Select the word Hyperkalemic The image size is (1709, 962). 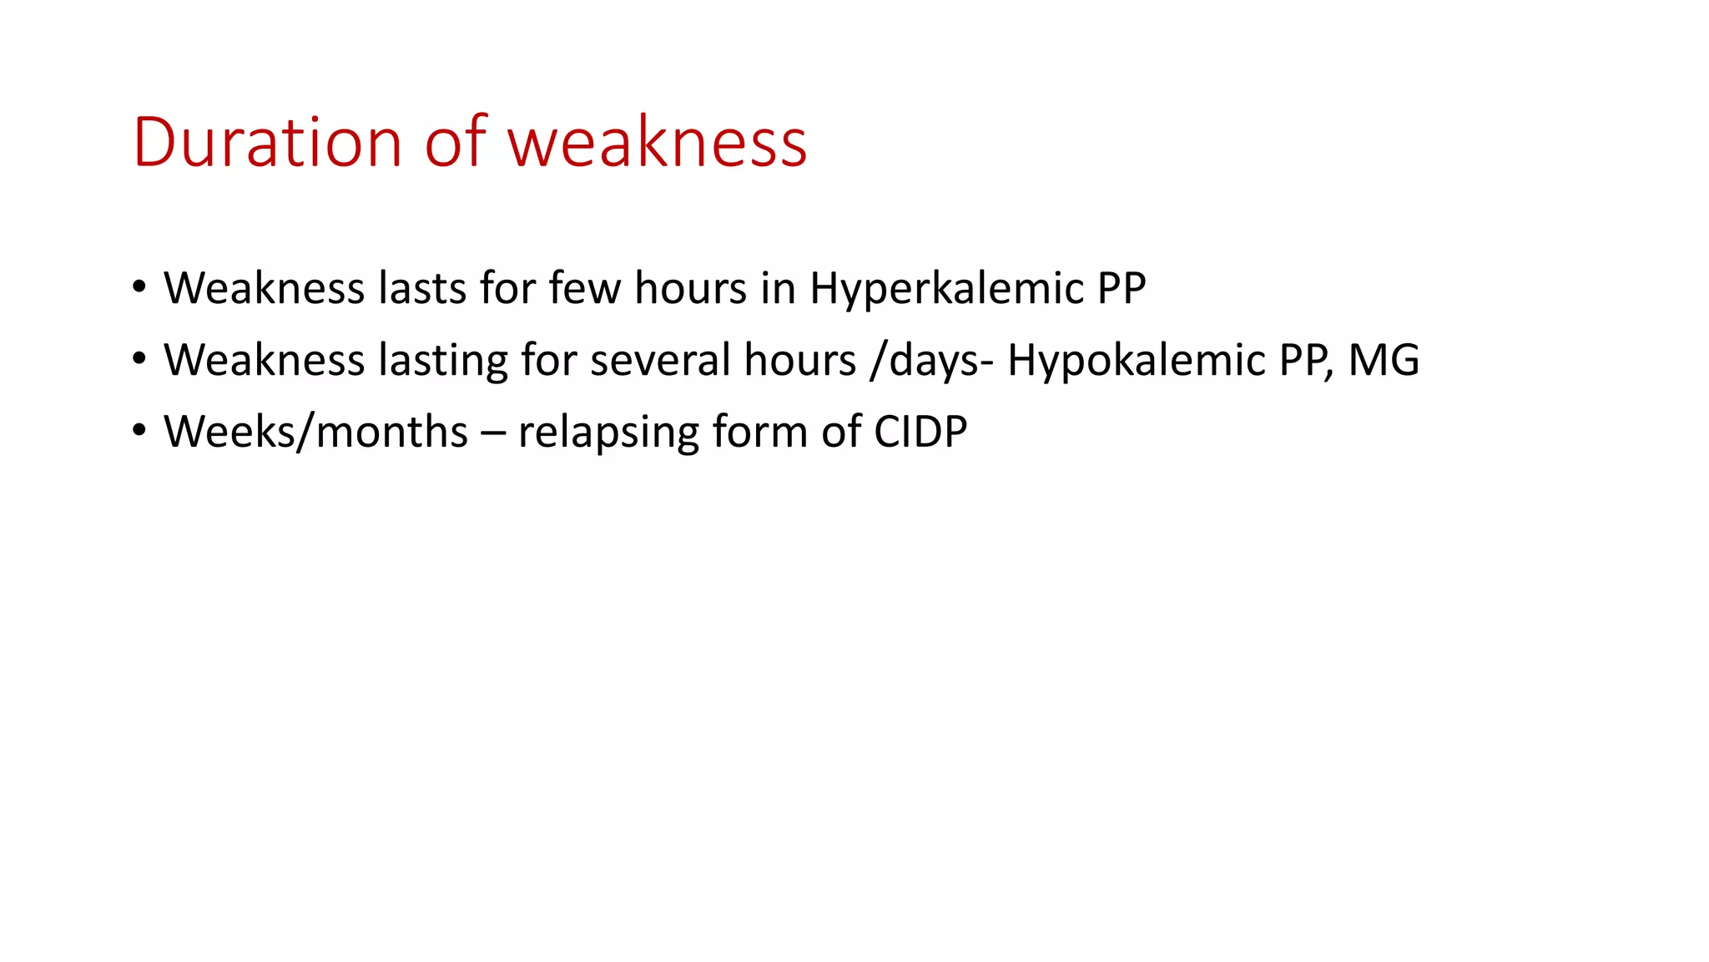point(946,289)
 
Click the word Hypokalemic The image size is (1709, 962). point(1136,361)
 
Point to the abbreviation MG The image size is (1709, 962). point(1384,361)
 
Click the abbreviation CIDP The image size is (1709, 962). point(920,433)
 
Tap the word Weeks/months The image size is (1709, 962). point(315,433)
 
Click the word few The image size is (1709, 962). point(584,289)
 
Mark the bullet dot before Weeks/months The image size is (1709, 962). point(139,431)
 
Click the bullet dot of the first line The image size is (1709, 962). point(139,287)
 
